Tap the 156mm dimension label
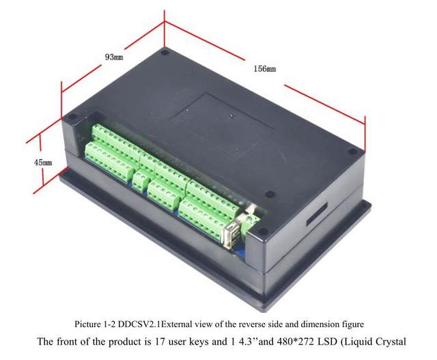point(265,69)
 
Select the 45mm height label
point(42,163)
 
